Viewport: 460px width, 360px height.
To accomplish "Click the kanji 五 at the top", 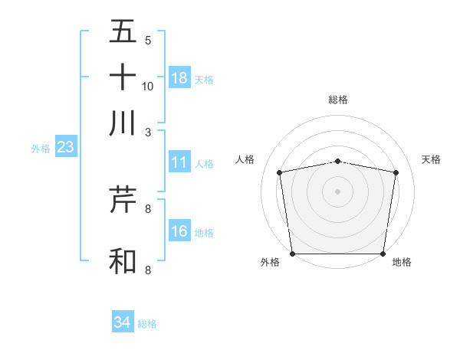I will (123, 31).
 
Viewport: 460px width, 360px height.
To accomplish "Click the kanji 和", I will (123, 260).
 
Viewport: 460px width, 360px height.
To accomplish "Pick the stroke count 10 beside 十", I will (148, 86).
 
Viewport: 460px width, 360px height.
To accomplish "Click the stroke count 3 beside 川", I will (148, 131).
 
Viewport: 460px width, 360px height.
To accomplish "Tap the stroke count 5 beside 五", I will (148, 41).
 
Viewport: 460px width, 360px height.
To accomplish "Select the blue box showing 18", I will (179, 78).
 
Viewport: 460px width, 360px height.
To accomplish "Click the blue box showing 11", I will (179, 162).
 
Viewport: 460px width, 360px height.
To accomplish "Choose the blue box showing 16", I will (179, 231).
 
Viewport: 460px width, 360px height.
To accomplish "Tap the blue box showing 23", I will (64, 147).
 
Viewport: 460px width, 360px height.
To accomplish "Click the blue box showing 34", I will (123, 322).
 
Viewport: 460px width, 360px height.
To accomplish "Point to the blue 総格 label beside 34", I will (147, 324).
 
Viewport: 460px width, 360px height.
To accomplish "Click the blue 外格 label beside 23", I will (40, 149).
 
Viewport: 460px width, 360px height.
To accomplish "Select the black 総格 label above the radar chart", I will (338, 100).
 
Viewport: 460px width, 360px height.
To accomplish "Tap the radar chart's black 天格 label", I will (432, 159).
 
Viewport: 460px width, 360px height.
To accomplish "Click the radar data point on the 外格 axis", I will (292, 254).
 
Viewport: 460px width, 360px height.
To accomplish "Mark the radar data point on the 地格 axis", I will (383, 254).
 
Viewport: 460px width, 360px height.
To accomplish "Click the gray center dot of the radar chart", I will (338, 191).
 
